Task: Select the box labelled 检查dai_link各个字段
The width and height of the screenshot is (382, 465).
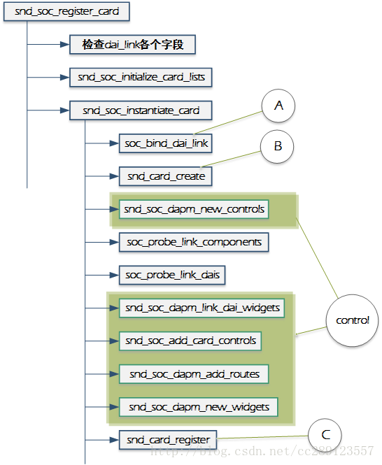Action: (x=132, y=45)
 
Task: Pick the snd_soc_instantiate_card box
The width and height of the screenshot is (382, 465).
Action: (x=141, y=110)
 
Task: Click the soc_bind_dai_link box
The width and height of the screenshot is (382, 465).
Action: (x=167, y=143)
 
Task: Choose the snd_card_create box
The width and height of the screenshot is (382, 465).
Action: (x=167, y=176)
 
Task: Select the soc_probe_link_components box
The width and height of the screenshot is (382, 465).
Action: (x=194, y=242)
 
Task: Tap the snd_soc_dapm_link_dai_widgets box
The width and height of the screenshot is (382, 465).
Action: (x=202, y=308)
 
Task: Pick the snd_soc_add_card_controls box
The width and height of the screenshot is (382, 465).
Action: (x=191, y=341)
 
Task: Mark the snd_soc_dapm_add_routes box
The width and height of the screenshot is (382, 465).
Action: (x=194, y=374)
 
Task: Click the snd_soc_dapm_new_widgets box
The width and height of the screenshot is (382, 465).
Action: (x=199, y=407)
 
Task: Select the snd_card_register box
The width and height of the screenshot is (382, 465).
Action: (x=168, y=440)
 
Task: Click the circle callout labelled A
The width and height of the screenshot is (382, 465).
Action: (x=278, y=107)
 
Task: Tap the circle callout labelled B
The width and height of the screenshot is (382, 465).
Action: (x=278, y=146)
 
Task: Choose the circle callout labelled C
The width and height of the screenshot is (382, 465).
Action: (x=325, y=434)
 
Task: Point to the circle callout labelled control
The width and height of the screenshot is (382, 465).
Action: (x=352, y=320)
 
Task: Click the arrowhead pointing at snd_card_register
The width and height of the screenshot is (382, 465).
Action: (x=115, y=440)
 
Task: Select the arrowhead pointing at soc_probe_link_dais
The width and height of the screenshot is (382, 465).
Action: (x=115, y=275)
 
